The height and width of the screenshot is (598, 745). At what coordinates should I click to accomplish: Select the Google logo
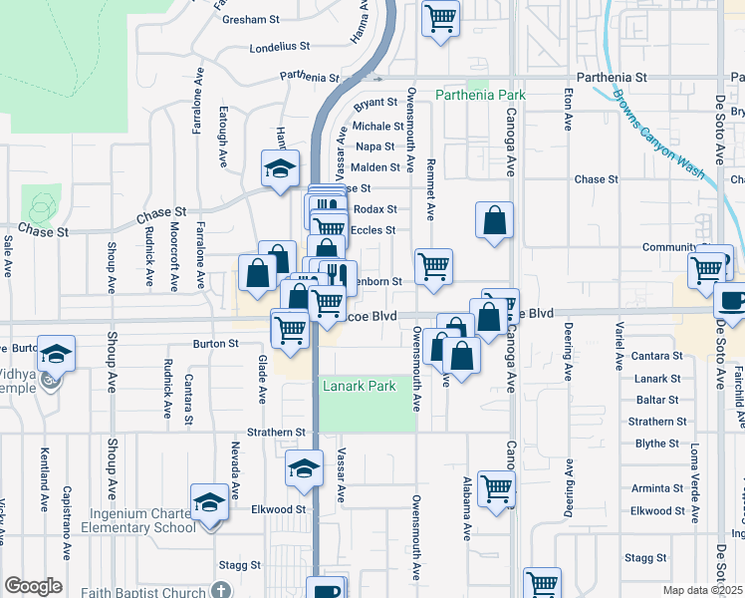coord(32,586)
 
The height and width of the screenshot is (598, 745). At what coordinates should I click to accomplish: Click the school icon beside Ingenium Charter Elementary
coord(209,502)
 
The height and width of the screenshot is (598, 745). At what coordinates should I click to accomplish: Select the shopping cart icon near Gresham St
coord(440,18)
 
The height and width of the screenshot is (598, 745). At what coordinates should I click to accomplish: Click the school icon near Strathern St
coord(305,468)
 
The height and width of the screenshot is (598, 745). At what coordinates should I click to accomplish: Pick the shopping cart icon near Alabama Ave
coord(496,488)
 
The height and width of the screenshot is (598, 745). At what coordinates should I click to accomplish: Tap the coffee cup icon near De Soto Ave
coord(732,300)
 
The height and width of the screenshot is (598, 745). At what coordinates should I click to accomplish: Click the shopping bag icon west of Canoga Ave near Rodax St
coord(494,221)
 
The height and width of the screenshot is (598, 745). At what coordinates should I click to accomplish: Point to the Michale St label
coord(378,127)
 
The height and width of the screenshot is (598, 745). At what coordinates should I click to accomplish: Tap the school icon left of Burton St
coord(58,355)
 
